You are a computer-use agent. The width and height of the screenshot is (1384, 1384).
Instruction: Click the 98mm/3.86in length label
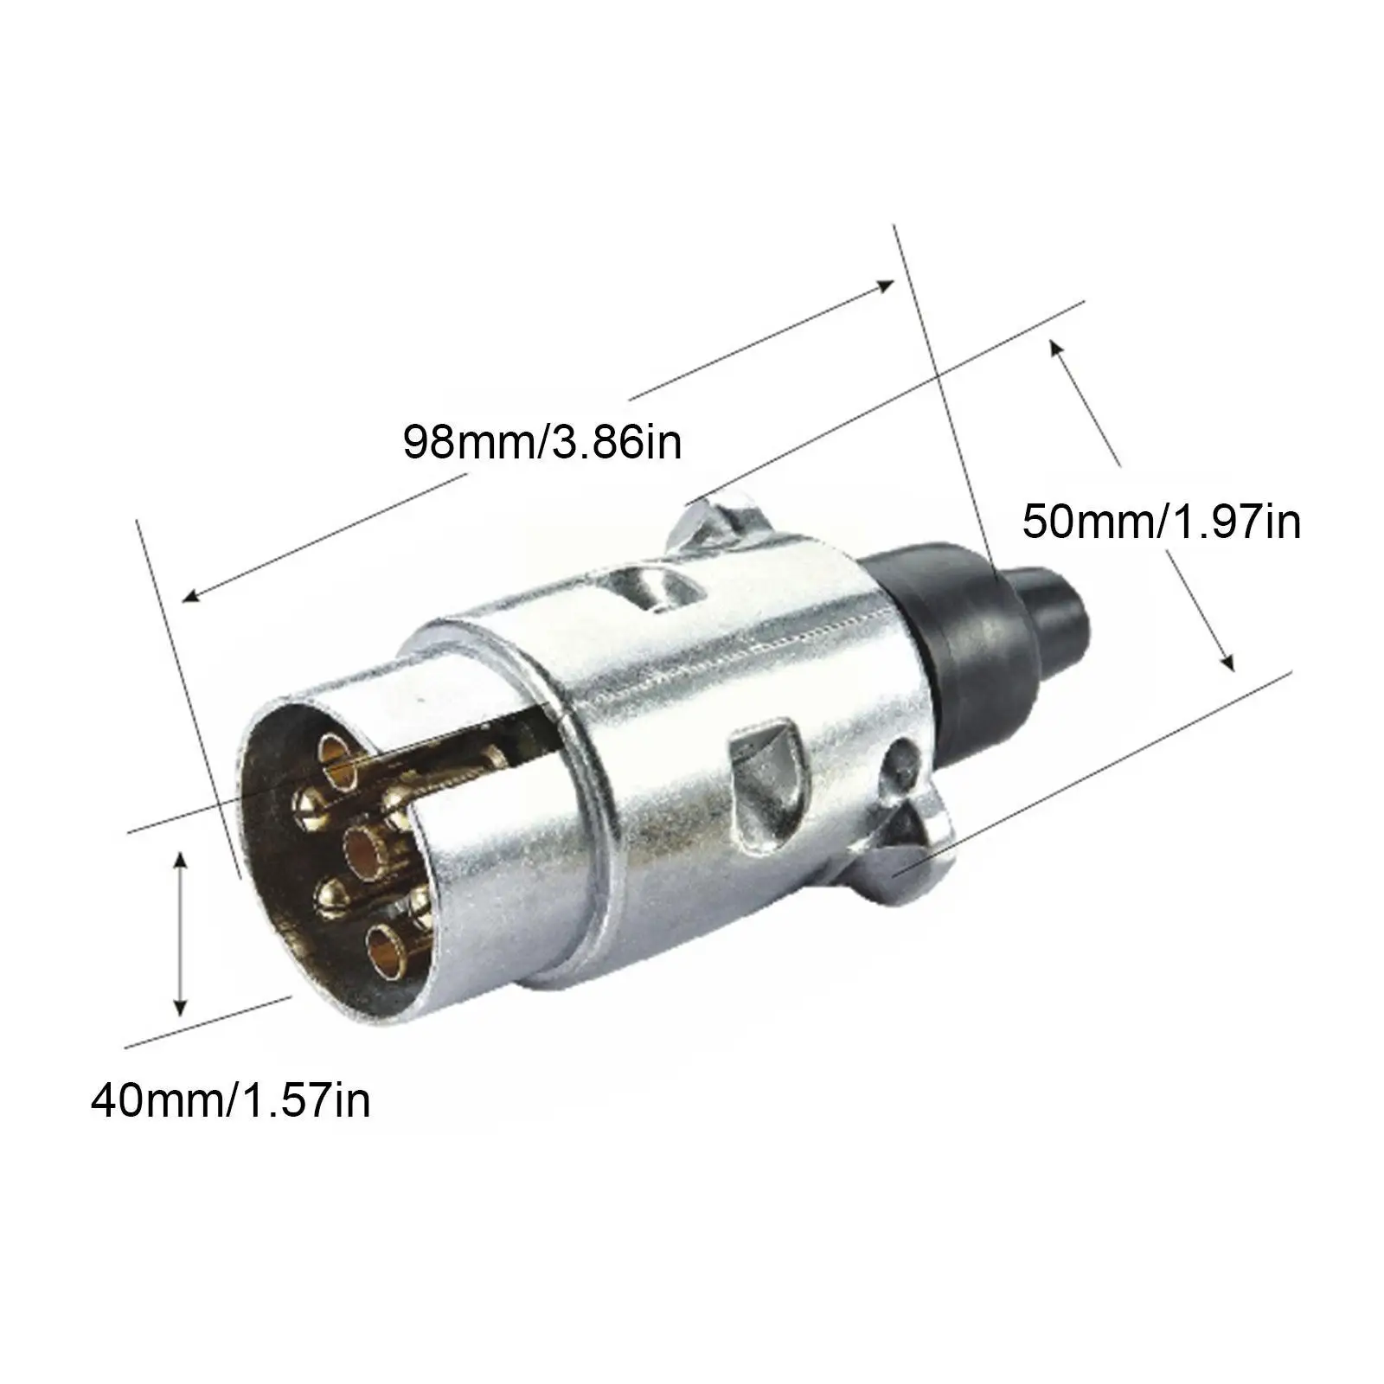tap(542, 442)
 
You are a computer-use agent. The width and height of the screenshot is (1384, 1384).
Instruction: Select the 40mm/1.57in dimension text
tap(231, 1101)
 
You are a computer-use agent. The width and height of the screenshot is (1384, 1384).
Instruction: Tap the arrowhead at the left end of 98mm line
tap(189, 596)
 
